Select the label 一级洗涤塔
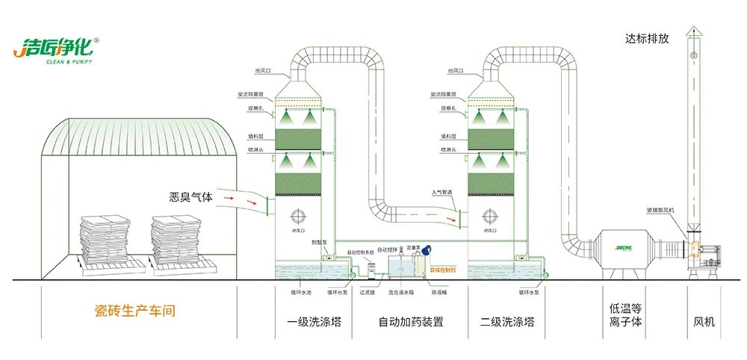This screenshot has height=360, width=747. tap(312, 323)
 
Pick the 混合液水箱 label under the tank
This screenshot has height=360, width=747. tap(401, 292)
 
